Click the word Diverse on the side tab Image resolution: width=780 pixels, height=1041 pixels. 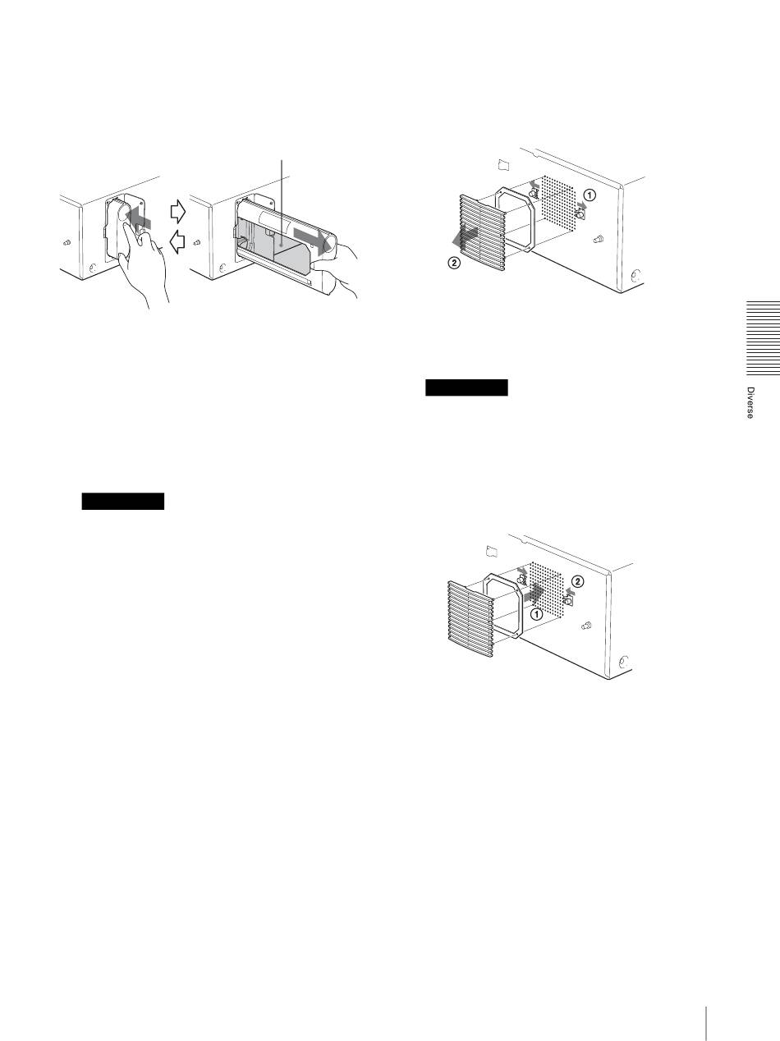tap(750, 402)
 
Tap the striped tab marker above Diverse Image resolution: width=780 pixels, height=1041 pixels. tap(764, 338)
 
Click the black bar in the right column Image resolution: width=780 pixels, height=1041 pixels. tap(466, 388)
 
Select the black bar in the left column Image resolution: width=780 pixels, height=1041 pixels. tap(123, 502)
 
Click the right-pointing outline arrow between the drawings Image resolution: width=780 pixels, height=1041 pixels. tap(178, 211)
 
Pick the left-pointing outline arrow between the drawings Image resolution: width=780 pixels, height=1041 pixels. tap(177, 242)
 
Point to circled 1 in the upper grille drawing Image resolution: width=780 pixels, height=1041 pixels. tap(589, 195)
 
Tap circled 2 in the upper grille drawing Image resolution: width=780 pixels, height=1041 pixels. tap(454, 262)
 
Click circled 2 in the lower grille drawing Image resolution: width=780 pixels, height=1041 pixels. tap(577, 581)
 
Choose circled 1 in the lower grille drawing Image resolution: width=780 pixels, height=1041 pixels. tap(536, 614)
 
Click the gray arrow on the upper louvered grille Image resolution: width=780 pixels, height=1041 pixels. tap(466, 236)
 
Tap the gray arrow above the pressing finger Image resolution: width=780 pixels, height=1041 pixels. tap(139, 218)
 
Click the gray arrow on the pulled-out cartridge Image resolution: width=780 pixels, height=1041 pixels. tap(311, 239)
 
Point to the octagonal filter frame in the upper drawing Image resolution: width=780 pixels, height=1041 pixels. tap(515, 219)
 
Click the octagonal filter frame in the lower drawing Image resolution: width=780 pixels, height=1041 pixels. tap(502, 606)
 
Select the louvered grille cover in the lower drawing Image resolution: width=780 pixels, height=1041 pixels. tap(470, 618)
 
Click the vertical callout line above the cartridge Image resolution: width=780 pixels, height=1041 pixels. tap(282, 203)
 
